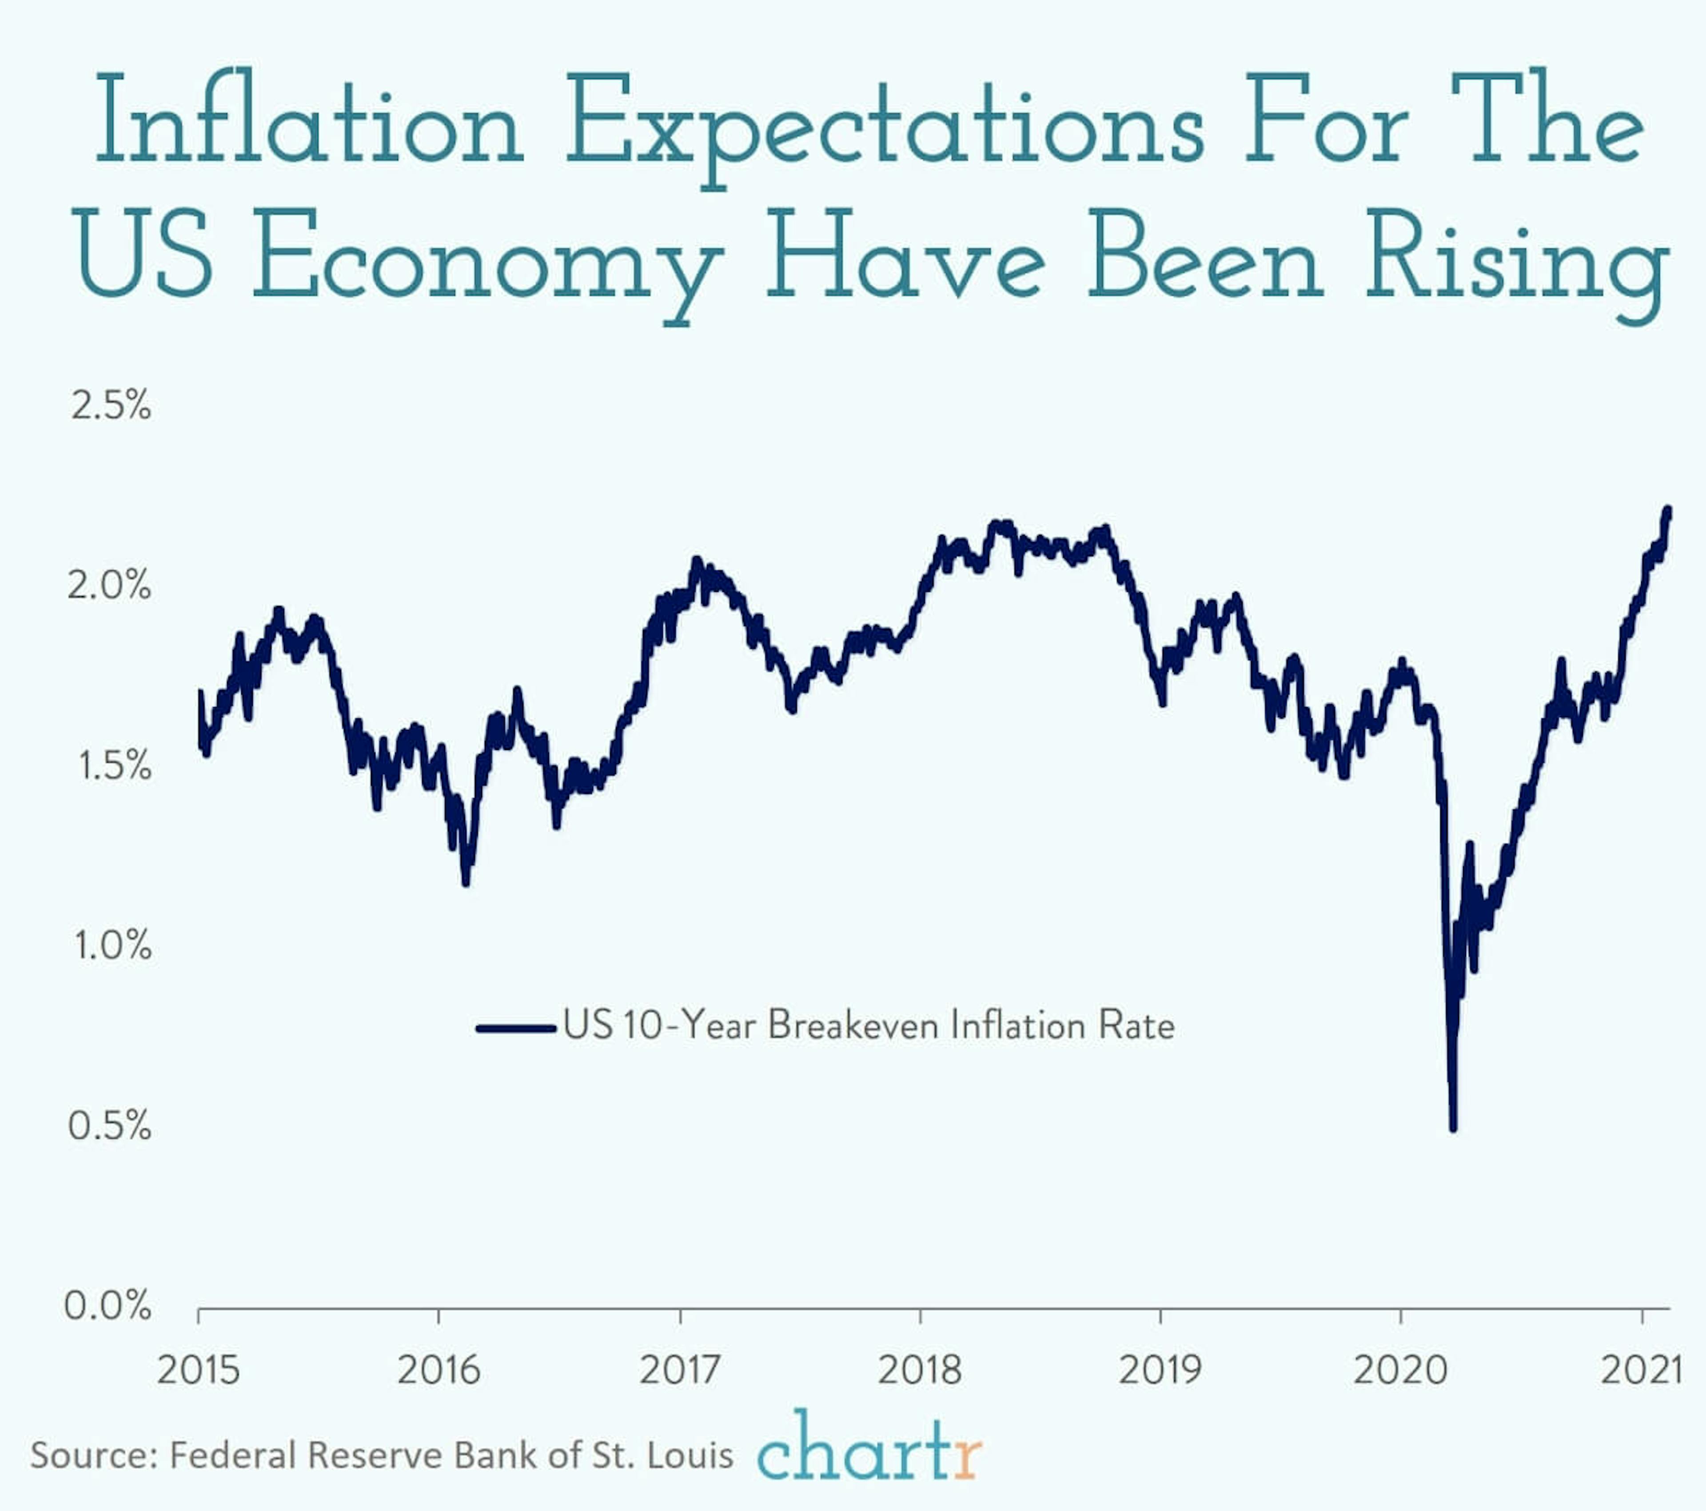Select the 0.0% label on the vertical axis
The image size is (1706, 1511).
click(108, 1305)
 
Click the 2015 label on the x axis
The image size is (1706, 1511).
click(199, 1370)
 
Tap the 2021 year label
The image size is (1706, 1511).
click(1641, 1370)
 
